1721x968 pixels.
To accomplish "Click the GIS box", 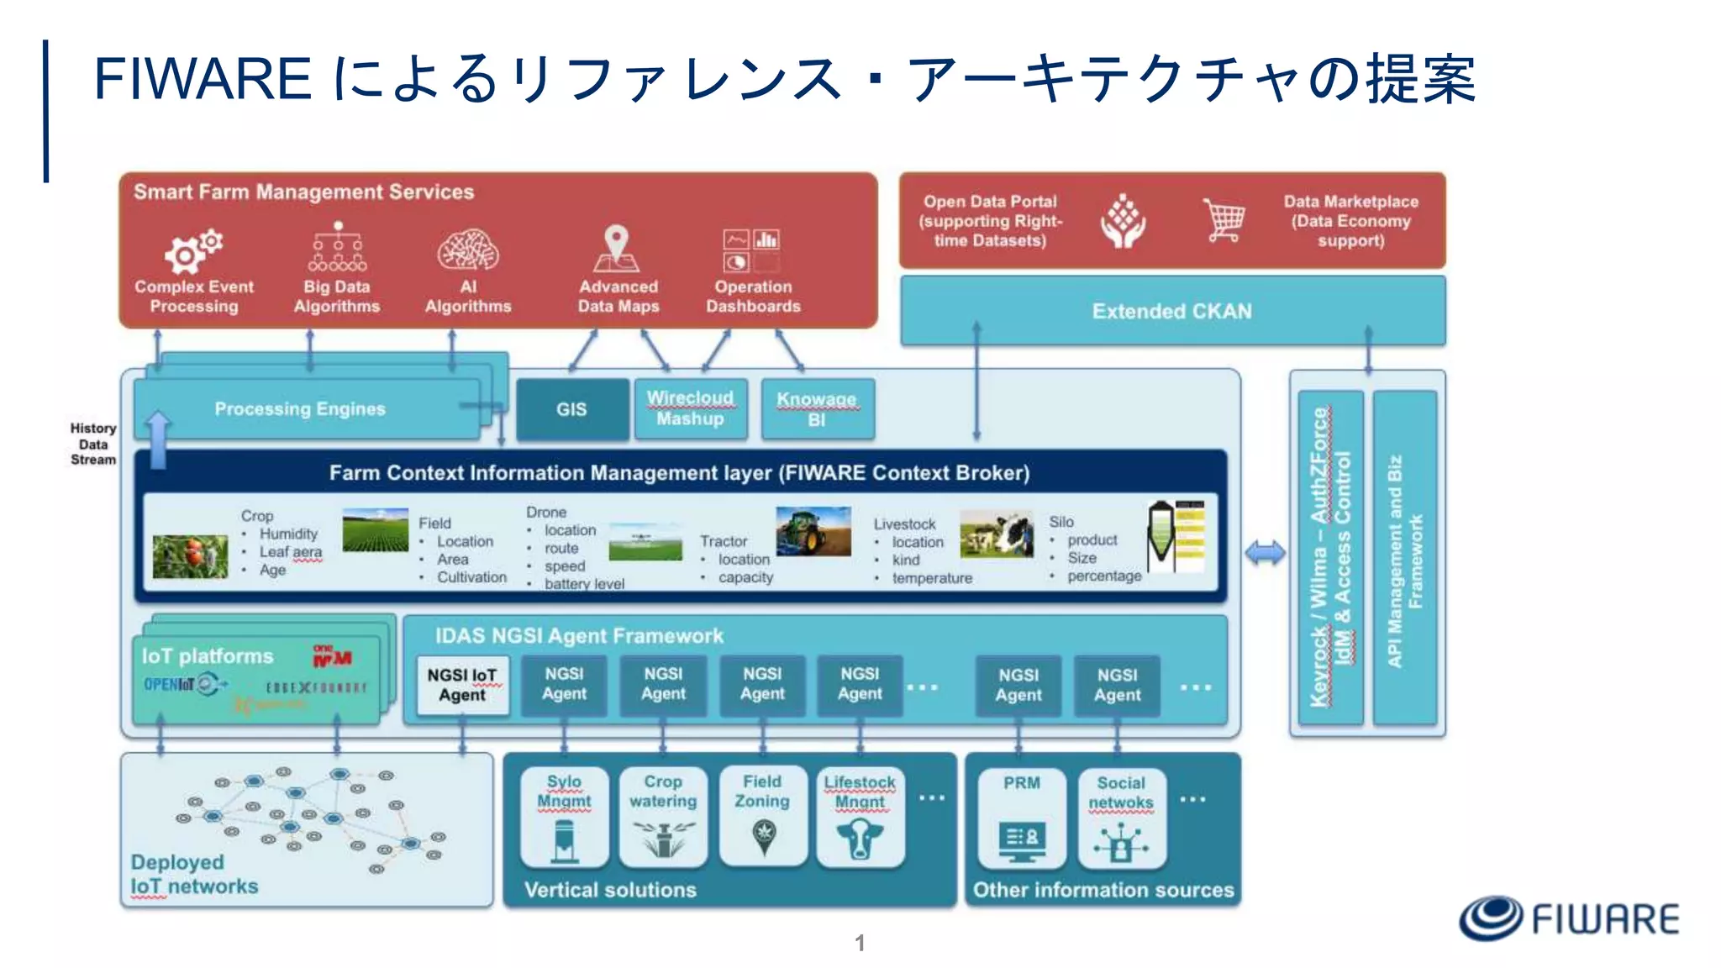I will [571, 409].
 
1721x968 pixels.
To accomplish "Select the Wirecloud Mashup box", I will [690, 408].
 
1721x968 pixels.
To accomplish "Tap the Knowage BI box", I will [817, 409].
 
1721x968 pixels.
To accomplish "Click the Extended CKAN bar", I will [1171, 312].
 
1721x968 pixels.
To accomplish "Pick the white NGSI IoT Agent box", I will [462, 686].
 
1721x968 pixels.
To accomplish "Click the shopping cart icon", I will [1224, 220].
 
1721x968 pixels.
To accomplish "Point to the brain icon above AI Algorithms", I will [468, 250].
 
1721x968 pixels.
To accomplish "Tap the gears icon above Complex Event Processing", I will [193, 250].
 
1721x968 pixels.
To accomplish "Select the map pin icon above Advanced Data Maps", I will [617, 248].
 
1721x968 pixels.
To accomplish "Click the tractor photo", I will [813, 531].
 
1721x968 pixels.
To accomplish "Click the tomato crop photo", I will [190, 555].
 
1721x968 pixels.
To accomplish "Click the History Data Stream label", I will [92, 444].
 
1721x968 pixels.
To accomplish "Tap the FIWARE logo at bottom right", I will [1568, 918].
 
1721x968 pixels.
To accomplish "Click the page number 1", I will [860, 943].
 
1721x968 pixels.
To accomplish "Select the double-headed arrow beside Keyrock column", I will [1265, 553].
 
